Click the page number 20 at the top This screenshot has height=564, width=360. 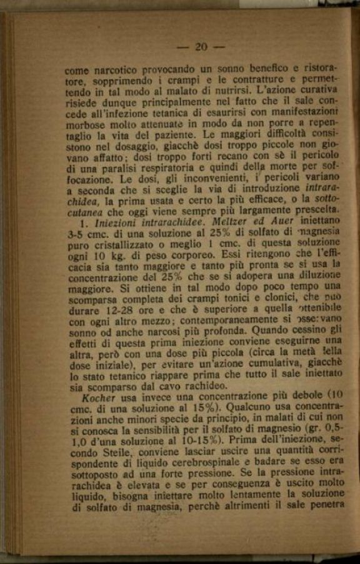[201, 47]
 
